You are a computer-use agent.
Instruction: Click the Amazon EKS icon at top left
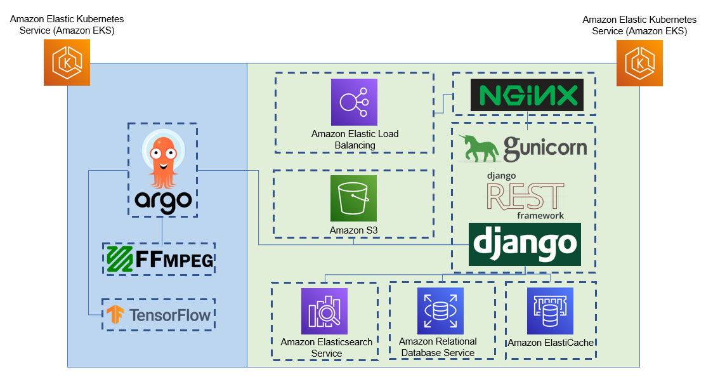coord(67,62)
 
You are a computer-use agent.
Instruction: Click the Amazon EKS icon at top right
coord(639,62)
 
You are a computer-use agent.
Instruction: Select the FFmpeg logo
coord(159,259)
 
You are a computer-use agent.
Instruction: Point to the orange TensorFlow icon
coord(115,315)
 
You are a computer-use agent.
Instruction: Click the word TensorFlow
coord(169,315)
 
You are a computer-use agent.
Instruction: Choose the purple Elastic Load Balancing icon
coord(354,102)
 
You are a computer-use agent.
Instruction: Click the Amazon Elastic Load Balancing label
coord(355,140)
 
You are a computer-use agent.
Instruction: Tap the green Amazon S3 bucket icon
coord(353,198)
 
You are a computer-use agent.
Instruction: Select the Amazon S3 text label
coord(353,230)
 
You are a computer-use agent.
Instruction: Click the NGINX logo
coord(526,96)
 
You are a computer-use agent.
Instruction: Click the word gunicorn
coord(545,149)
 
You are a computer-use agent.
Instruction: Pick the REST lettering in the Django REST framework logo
coord(525,195)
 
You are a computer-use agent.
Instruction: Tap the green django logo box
coord(525,244)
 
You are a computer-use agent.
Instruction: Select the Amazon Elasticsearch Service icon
coord(324,311)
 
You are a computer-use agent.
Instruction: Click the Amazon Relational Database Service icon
coord(440,310)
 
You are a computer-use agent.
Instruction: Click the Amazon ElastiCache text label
coord(551,343)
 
